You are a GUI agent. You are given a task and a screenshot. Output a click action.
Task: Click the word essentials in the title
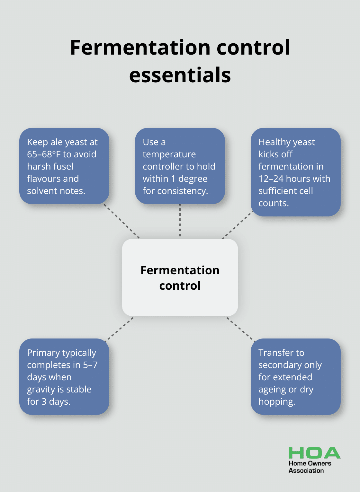180,75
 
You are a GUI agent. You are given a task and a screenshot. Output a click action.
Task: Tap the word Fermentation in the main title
140,48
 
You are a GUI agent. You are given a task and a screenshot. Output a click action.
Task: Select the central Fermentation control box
180,277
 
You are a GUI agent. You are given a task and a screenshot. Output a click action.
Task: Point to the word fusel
63,166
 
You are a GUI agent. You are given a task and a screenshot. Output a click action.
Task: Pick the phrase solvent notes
56,191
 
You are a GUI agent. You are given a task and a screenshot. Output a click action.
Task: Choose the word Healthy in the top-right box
273,142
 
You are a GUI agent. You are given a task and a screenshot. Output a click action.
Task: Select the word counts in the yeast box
273,203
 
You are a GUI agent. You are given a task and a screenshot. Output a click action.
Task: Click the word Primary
43,353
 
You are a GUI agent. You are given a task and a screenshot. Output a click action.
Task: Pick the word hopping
276,401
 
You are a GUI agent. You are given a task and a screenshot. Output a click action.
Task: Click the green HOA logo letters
314,453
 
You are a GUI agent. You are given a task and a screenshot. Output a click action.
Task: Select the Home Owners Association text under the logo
310,467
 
